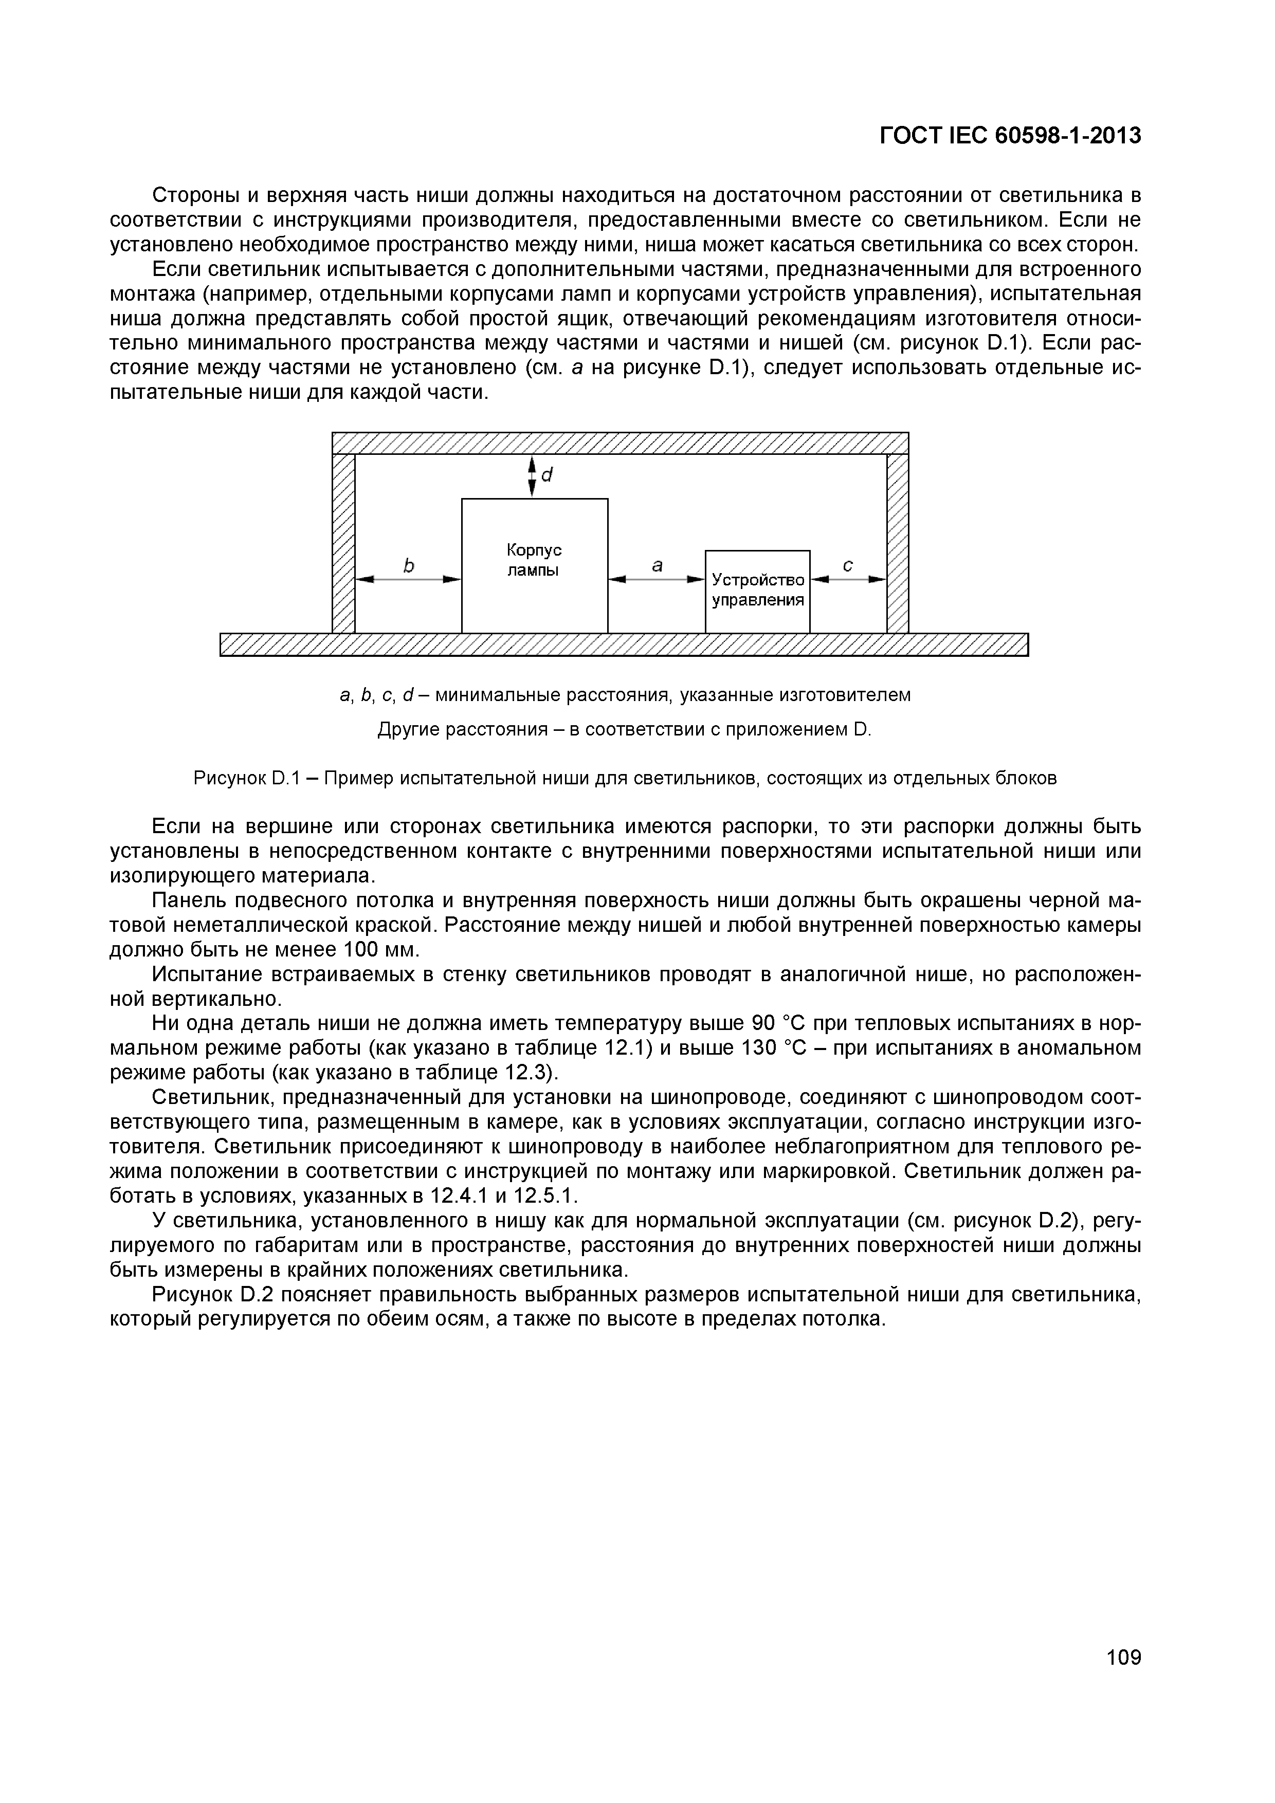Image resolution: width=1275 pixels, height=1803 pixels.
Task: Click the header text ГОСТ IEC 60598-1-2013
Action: tap(1010, 136)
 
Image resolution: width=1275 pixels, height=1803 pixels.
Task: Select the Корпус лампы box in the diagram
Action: tap(534, 565)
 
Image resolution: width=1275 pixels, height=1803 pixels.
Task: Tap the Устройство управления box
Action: tap(757, 591)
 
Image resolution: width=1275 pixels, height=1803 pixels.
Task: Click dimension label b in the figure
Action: tap(408, 565)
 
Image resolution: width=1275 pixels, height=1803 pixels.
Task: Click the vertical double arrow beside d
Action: tap(532, 476)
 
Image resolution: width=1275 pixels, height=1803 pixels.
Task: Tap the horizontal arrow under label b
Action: tap(408, 580)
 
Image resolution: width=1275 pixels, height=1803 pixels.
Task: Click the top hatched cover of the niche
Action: tap(621, 443)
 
